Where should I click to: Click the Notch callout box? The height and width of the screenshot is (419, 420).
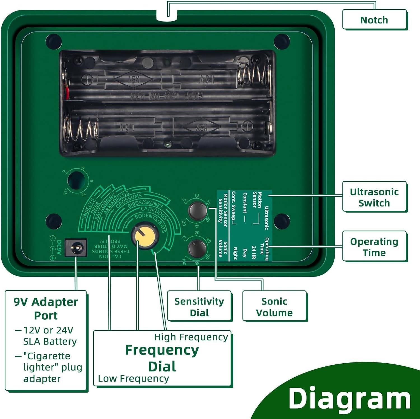coord(374,20)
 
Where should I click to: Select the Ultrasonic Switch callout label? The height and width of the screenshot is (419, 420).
coord(374,197)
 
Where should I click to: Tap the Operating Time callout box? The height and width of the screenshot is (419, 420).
coord(374,247)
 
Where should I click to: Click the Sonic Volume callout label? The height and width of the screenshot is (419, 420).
coord(274,307)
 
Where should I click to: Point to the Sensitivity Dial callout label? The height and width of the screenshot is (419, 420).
coord(199,307)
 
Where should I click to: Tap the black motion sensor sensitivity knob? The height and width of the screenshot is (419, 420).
coord(197,210)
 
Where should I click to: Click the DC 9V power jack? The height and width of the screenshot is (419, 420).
coord(76,248)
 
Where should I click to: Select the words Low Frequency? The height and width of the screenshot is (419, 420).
coord(133,378)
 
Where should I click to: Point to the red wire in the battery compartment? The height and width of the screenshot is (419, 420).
coord(67,91)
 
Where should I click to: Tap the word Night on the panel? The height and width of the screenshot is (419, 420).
coord(235,253)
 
